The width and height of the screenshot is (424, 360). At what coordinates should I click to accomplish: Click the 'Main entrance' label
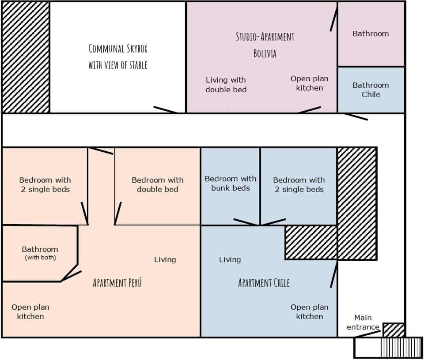coord(363,322)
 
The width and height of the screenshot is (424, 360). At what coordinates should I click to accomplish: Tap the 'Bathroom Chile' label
coord(371,90)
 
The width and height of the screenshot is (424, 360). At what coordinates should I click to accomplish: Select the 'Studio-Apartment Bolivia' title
coord(265,45)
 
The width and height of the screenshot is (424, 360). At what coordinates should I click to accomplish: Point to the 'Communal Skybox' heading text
coord(118,49)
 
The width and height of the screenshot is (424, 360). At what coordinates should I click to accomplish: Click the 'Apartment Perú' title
coord(117,283)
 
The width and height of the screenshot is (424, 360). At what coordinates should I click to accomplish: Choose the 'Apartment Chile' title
coord(264,283)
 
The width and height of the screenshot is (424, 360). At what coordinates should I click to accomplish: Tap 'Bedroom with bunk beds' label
coord(231,184)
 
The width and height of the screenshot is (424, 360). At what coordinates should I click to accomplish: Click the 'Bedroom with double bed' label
coord(158,185)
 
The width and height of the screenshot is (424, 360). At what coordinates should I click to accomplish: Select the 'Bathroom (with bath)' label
coord(40,253)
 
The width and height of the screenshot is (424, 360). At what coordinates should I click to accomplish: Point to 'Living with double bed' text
coord(226,85)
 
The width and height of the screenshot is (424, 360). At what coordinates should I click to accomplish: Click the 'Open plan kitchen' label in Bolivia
coord(310,83)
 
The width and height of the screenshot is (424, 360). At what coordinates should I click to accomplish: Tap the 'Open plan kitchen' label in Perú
coord(30,311)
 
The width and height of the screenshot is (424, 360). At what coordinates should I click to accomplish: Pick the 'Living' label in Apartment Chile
coord(230,259)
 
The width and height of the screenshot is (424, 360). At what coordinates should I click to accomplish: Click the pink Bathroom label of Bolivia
coord(371,34)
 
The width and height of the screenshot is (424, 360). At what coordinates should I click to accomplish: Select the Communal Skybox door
coord(165,110)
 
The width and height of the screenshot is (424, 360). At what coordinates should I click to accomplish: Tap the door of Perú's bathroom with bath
coord(71,276)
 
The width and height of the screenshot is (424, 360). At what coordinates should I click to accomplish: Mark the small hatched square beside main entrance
coord(394,330)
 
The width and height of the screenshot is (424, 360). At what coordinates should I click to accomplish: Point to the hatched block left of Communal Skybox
coord(26,57)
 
